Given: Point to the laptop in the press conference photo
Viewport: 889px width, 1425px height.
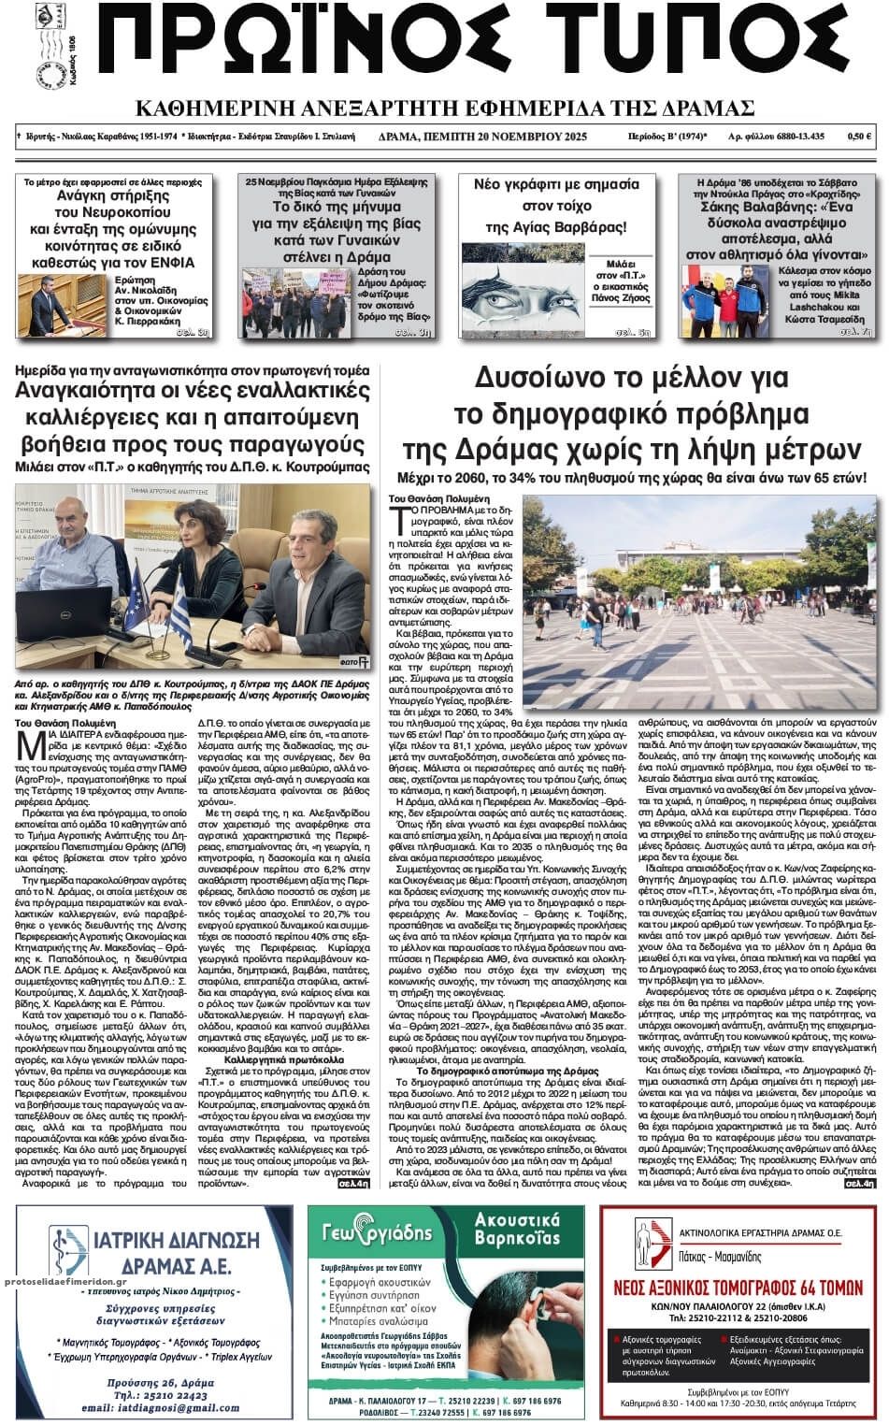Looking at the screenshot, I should tap(70, 610).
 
